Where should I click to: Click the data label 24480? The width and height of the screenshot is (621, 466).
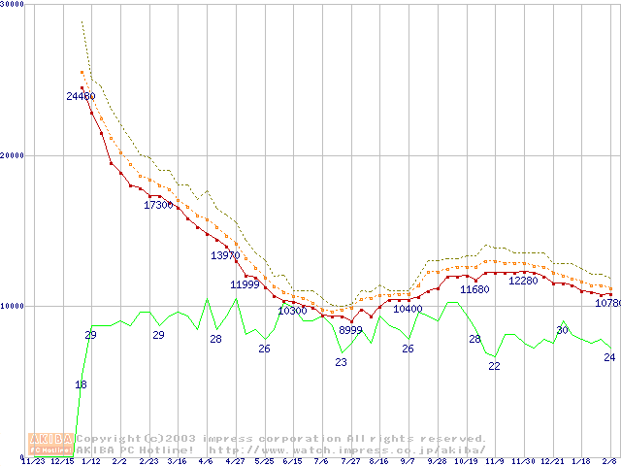tap(81, 96)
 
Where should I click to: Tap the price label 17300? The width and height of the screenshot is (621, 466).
tap(158, 205)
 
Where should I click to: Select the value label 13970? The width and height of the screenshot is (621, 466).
tap(225, 255)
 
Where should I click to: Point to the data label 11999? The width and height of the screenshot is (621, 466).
tap(245, 284)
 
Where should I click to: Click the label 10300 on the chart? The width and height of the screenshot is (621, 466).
tap(292, 311)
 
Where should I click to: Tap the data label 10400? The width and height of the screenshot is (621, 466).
tap(408, 309)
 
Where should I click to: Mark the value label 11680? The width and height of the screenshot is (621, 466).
tap(474, 289)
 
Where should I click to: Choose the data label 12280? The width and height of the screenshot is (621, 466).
tap(523, 281)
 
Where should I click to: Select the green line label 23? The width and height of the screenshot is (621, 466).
tap(341, 362)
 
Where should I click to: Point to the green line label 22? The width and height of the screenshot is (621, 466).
tap(494, 366)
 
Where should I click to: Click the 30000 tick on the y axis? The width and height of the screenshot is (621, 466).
tap(14, 5)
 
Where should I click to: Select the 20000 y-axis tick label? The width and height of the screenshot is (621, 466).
tap(14, 155)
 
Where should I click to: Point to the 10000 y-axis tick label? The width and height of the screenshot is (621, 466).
tap(14, 306)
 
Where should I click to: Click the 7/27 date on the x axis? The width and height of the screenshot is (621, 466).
tap(350, 460)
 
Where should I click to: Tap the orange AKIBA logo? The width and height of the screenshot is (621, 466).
tap(50, 444)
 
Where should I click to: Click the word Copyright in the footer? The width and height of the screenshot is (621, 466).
tap(106, 439)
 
